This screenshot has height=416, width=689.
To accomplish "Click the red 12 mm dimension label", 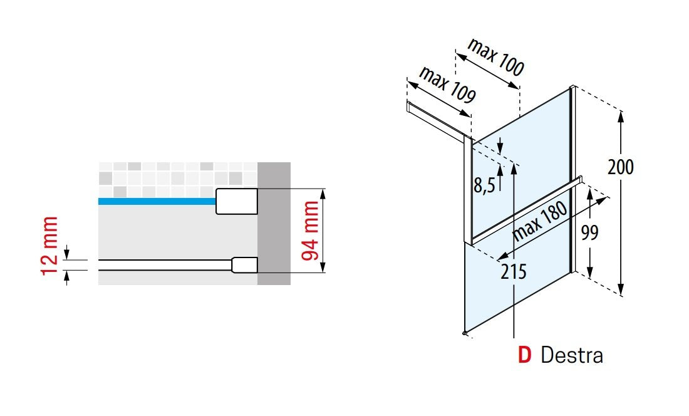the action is [50, 246].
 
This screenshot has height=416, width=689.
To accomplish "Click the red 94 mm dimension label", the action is [311, 231].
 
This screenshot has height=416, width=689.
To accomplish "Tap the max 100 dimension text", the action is [496, 57].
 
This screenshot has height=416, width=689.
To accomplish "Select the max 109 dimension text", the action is [447, 85].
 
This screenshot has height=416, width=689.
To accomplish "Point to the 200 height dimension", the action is [621, 167].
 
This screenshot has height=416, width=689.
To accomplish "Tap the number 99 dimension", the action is [589, 232].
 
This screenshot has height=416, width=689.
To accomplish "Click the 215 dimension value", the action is [513, 271].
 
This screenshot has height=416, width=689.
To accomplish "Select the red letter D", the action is [525, 355].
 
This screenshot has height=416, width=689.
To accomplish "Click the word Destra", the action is [572, 355].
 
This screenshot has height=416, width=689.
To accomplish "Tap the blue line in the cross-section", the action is [157, 201].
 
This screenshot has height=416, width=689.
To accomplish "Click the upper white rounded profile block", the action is [236, 201].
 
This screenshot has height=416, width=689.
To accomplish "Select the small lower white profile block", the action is [244, 266].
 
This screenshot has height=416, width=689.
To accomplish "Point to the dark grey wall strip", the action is [274, 224].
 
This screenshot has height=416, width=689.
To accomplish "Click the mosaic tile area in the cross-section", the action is [177, 180].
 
